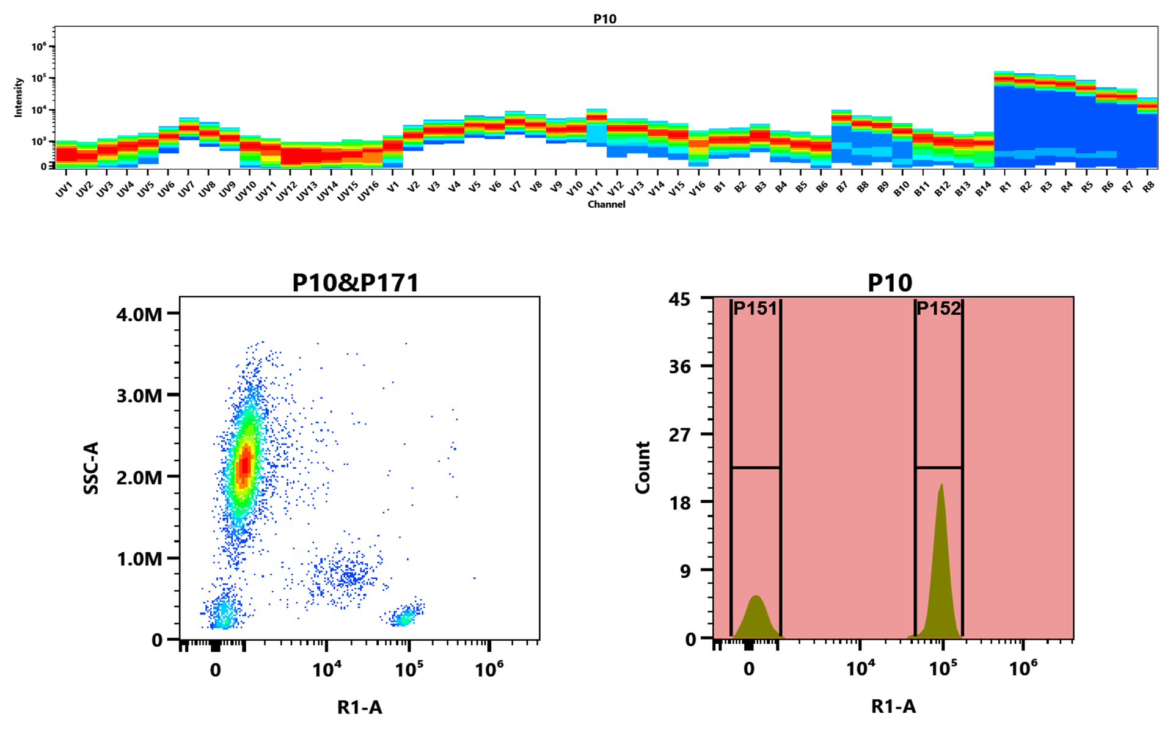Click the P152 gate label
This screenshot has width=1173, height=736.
[938, 308]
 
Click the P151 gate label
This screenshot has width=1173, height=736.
[755, 308]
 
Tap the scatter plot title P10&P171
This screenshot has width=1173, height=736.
[356, 283]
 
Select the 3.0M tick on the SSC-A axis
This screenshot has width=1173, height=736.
[139, 396]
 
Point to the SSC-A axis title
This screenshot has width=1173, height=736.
[91, 468]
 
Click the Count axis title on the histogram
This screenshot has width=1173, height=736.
[643, 468]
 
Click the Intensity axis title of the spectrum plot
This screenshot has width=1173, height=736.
[18, 97]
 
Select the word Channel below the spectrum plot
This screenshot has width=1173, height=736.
[606, 204]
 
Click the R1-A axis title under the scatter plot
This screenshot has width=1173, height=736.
[359, 707]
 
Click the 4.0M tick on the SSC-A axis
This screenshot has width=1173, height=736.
[139, 315]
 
